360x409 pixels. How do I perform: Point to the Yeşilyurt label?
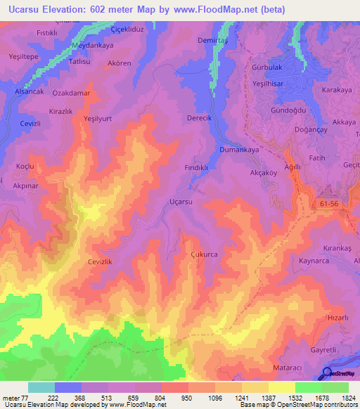coord(98,119)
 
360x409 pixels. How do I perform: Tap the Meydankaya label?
coord(92,45)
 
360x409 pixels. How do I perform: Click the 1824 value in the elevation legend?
coord(349,398)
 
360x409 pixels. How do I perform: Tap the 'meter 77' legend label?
coord(15,398)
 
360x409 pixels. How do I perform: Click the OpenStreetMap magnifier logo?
coord(327,374)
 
